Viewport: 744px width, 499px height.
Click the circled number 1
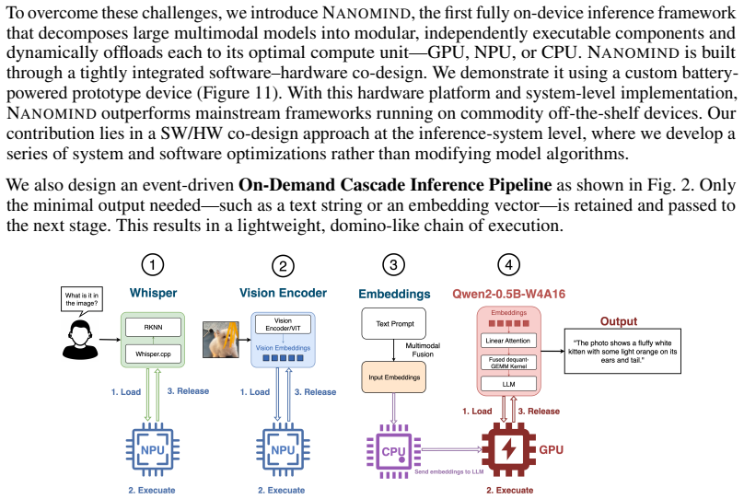[152, 264]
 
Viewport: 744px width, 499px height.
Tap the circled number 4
[508, 264]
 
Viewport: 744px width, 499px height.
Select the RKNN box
[153, 327]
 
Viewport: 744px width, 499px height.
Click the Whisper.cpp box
[153, 354]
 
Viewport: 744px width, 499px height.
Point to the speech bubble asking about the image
[82, 300]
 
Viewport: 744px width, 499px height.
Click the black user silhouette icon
[80, 340]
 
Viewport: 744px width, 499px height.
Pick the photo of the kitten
[221, 339]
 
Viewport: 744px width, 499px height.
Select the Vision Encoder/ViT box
[283, 324]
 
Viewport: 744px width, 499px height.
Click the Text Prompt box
[394, 323]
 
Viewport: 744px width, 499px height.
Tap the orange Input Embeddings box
[394, 377]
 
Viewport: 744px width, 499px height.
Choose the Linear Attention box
[508, 341]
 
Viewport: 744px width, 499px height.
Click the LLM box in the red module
[508, 384]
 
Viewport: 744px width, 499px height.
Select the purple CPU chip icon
[393, 451]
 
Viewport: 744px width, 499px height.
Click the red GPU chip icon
[508, 449]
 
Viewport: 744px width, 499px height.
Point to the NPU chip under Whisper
[152, 449]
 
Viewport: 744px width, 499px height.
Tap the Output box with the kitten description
[622, 351]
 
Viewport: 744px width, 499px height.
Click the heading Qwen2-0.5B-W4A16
[508, 294]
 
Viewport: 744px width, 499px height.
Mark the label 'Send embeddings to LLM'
[448, 472]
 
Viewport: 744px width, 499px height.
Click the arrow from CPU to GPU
[451, 448]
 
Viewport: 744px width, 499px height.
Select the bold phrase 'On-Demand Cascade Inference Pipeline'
[395, 184]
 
